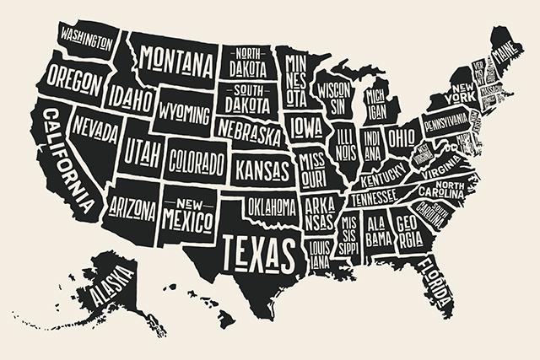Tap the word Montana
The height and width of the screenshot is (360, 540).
pos(175,59)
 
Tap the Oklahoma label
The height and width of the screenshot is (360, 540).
pos(272,206)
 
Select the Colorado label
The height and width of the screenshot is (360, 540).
pos(197,159)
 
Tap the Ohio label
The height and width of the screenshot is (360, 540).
pos(402,137)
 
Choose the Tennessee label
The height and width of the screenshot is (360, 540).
pos(373,197)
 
